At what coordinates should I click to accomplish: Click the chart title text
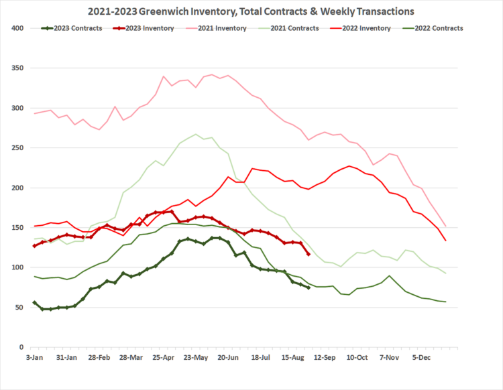[251, 11]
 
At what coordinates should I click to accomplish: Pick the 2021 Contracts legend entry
[293, 28]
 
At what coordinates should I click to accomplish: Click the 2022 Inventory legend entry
[366, 28]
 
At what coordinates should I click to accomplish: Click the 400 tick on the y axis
[17, 28]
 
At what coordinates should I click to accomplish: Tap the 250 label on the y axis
[17, 148]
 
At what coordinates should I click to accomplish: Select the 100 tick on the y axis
[17, 268]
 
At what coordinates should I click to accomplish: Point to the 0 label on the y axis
[21, 348]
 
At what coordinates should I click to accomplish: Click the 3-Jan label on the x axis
[35, 358]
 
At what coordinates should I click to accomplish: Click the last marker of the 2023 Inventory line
[309, 254]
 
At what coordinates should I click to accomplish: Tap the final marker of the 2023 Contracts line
[309, 287]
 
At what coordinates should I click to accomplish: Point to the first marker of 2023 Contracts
[35, 303]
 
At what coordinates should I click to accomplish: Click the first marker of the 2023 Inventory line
[35, 246]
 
